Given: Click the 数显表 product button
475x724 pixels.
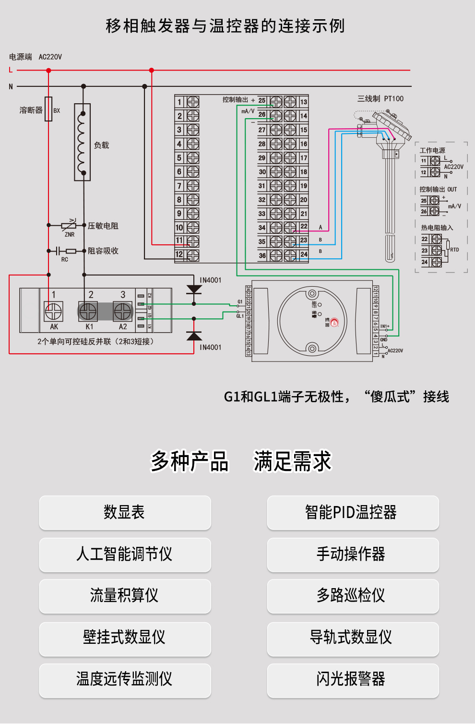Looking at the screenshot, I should (x=125, y=512).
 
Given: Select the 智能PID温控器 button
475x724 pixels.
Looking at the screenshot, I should (x=353, y=512).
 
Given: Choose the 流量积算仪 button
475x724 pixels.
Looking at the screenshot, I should (x=125, y=596).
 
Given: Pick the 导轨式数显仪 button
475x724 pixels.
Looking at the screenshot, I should (x=353, y=638).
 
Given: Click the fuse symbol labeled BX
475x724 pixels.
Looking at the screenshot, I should (x=48, y=109).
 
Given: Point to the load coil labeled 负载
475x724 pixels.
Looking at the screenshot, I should (x=83, y=143).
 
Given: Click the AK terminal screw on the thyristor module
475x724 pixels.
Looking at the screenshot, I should (x=54, y=312).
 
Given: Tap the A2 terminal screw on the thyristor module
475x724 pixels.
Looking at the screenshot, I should (x=123, y=312).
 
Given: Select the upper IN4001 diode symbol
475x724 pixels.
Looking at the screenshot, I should (x=194, y=289).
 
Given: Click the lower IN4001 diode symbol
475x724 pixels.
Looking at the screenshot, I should (x=194, y=335).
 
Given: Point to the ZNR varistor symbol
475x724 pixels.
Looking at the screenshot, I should (x=69, y=225).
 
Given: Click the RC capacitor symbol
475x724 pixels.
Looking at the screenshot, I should (x=59, y=251).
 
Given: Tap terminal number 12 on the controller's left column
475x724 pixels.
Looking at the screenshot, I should (x=179, y=254).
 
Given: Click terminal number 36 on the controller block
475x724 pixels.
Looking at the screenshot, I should (x=262, y=256).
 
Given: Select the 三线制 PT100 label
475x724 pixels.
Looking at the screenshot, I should (x=380, y=98).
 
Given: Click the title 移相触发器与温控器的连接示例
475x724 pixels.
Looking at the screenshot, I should (x=225, y=26).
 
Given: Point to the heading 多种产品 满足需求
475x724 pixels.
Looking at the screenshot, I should (x=241, y=461).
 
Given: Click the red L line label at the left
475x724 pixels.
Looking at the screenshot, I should (x=11, y=70).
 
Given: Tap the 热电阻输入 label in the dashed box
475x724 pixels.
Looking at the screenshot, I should (x=437, y=228).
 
